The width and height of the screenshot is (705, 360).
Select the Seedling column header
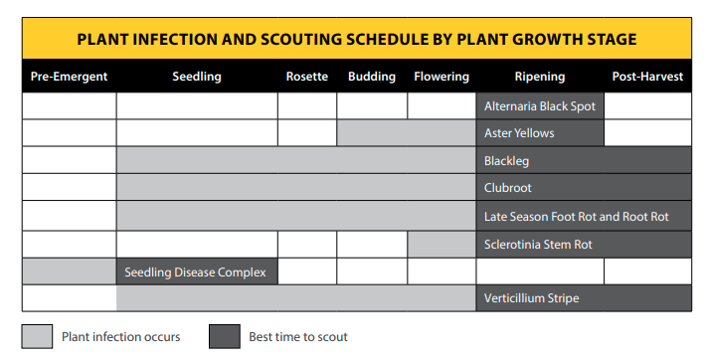(x=197, y=77)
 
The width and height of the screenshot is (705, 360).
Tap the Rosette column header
(x=307, y=77)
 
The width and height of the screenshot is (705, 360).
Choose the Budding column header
(x=372, y=77)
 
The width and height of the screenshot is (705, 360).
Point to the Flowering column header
(x=441, y=77)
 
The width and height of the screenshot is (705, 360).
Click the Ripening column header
(x=540, y=77)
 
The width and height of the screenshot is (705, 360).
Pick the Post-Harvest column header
(x=647, y=77)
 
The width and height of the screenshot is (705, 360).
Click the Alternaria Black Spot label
(x=540, y=105)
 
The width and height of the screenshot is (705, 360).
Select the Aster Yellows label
(x=519, y=133)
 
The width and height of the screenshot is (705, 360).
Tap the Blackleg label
(x=507, y=160)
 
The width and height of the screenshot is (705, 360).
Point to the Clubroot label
(x=508, y=188)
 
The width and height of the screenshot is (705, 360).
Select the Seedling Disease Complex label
(x=196, y=271)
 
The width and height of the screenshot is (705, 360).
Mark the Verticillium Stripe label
(x=531, y=298)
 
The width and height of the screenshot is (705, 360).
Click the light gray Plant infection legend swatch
(x=37, y=336)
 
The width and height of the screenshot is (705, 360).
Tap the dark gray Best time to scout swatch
(x=224, y=336)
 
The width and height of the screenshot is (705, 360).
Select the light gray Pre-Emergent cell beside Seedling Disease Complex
(x=69, y=271)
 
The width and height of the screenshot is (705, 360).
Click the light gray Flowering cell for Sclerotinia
(x=441, y=244)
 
